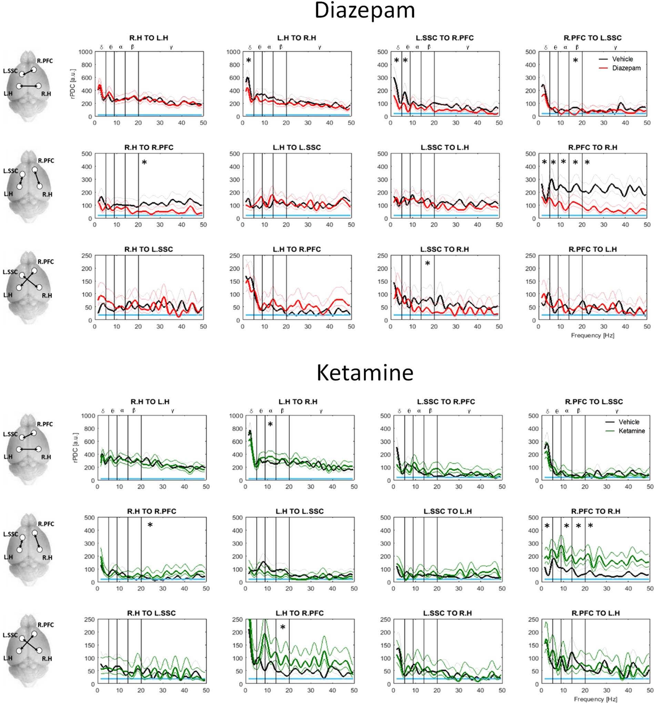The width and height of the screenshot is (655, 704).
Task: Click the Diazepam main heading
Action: pos(364,11)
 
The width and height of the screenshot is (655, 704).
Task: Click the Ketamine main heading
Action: pos(364,373)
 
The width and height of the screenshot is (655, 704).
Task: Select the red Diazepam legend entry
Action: pos(626,68)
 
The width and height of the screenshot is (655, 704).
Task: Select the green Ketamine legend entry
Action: pos(631,431)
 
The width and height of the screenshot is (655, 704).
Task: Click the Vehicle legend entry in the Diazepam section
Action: pos(622,59)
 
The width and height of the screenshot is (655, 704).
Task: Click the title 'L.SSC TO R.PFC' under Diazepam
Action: pos(445,38)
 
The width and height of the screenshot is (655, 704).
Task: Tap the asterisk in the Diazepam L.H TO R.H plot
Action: pos(249,61)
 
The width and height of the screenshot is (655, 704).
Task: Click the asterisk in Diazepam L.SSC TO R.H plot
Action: pos(427,264)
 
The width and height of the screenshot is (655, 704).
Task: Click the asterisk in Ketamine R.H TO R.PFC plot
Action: pos(150,525)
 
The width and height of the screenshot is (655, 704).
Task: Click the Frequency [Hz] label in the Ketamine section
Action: pos(595,699)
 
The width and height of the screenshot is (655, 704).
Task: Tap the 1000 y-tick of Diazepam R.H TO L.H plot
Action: pos(85,52)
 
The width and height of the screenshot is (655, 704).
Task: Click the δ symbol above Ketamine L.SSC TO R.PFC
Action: pos(399,411)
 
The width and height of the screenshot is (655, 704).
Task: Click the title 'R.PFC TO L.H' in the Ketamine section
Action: pos(595,613)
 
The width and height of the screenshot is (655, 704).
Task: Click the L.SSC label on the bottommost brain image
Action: pos(10,635)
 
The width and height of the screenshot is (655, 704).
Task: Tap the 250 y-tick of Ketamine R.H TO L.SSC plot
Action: pos(89,619)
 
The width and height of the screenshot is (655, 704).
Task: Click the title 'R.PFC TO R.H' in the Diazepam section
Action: pos(593,147)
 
